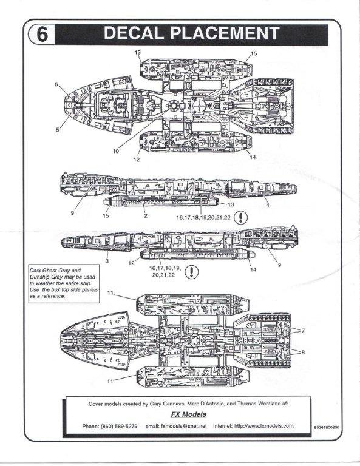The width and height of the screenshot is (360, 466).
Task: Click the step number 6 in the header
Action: pos(42,35)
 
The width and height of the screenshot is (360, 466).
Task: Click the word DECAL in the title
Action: pos(134,33)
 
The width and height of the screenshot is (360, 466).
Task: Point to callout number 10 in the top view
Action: pos(116,151)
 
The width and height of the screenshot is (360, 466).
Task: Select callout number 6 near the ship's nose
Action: pos(56,84)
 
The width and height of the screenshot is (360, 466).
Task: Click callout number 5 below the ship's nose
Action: pos(58,130)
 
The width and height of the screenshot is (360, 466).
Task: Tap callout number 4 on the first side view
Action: pos(268,204)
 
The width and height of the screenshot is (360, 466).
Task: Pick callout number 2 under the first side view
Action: pos(146,216)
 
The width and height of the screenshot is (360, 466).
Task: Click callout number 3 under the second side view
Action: pos(107,262)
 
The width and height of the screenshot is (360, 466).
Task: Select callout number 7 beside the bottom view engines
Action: pos(303,331)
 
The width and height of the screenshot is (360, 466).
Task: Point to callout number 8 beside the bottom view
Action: pos(303,352)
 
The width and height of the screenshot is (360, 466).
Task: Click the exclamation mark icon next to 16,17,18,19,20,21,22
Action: pos(240,218)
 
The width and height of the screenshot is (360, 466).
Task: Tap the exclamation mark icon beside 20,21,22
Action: pos(192,272)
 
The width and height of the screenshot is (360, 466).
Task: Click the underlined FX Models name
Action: pos(188,414)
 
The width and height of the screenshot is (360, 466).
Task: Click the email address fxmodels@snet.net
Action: pos(176,426)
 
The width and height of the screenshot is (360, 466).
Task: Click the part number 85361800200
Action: pos(327,427)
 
